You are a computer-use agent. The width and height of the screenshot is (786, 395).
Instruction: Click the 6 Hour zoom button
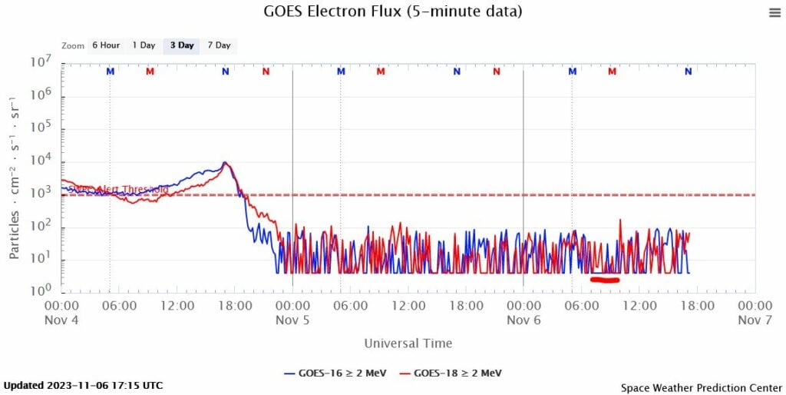pos(106,45)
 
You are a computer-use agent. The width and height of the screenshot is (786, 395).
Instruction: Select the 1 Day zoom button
pos(144,45)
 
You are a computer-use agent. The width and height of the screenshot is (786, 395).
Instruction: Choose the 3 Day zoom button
pos(181,45)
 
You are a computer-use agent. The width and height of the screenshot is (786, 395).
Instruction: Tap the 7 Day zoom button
pos(219,45)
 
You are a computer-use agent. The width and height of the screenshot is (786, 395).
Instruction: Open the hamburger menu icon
pos(774,12)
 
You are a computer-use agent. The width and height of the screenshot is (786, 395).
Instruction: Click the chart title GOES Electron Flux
pos(392,12)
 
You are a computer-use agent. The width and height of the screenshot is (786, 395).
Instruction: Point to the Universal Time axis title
pos(408,344)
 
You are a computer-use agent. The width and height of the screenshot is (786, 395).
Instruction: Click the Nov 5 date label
pos(292,320)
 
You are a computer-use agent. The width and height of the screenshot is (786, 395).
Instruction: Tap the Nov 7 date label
pos(755,320)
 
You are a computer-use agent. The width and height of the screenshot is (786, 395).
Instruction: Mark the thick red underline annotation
pos(605,280)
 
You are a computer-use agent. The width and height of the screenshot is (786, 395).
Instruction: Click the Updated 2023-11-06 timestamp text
pos(83,385)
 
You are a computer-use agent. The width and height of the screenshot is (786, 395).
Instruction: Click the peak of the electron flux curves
pos(224,163)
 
